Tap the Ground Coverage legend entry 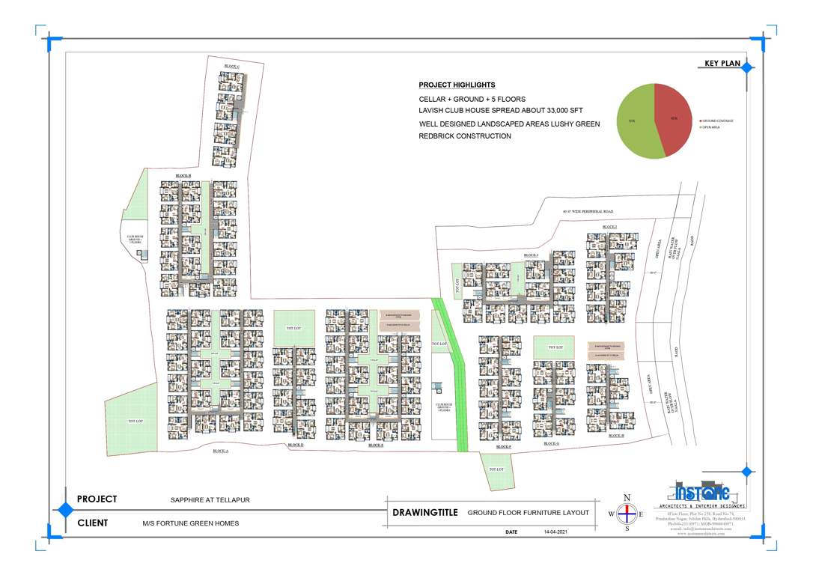(718, 121)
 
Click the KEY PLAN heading (722, 64)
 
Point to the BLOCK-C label (232, 67)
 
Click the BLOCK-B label (183, 175)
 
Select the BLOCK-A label (220, 451)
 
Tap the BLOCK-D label (296, 445)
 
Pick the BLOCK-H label (617, 435)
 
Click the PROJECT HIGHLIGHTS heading (457, 85)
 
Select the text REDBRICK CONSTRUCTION (465, 136)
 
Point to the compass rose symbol (627, 514)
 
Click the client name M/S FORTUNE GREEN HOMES (190, 523)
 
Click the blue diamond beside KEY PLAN (747, 67)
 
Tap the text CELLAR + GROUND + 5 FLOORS (472, 99)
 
